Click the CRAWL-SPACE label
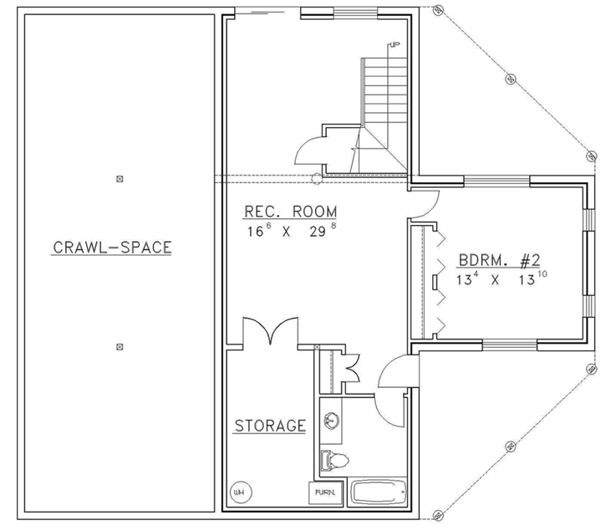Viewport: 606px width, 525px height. click(x=112, y=247)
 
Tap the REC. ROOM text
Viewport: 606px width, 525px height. click(x=284, y=212)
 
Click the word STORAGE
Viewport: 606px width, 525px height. click(x=269, y=426)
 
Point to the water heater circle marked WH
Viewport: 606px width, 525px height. click(x=237, y=492)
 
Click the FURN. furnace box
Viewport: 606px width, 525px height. click(x=326, y=494)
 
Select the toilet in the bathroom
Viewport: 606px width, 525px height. click(x=334, y=459)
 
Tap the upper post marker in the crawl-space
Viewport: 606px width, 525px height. click(x=120, y=178)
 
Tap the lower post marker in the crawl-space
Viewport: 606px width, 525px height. click(x=120, y=345)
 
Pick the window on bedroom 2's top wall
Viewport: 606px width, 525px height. click(x=497, y=181)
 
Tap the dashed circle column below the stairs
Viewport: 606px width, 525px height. click(x=317, y=178)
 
